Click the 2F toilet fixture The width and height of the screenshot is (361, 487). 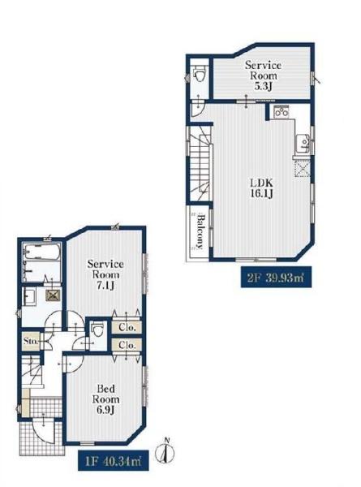point(199,75)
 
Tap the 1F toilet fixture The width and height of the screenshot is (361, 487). point(97,330)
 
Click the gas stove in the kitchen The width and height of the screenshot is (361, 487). point(281,112)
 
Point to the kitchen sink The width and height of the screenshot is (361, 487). point(302,144)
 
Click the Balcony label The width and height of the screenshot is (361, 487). point(200,231)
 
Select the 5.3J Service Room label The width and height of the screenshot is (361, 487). point(263,75)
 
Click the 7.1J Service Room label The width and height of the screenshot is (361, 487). point(105,274)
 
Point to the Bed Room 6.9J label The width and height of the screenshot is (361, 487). point(105,399)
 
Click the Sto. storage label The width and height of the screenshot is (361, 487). point(31,341)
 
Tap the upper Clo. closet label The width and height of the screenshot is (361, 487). point(127,327)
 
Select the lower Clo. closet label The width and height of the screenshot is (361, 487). point(127,345)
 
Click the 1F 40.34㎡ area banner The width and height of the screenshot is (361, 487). point(113,460)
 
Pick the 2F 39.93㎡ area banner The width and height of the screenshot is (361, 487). point(276,277)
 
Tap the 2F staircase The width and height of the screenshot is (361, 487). point(200,164)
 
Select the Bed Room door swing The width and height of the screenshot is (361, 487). point(75,363)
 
